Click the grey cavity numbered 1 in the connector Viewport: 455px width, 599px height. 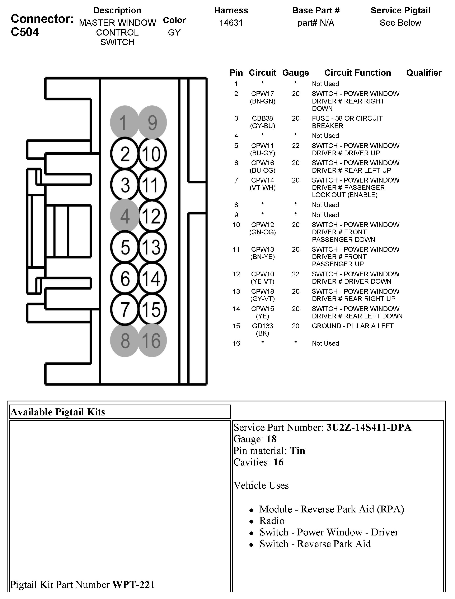(x=124, y=122)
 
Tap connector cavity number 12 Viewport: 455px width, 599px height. (x=152, y=216)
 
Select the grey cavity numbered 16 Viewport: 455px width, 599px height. (x=152, y=340)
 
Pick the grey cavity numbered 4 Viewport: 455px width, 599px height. (x=125, y=216)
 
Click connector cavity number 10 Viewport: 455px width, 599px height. (x=152, y=154)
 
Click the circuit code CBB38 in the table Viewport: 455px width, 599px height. (x=262, y=119)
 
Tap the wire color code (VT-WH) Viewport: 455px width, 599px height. (x=262, y=188)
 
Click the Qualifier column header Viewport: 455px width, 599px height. (x=424, y=73)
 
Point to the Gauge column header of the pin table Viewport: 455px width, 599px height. (x=295, y=73)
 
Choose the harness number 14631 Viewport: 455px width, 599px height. (x=231, y=23)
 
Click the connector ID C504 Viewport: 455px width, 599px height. (x=25, y=32)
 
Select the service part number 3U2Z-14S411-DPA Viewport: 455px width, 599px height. (x=369, y=427)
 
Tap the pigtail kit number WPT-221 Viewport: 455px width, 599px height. (x=133, y=585)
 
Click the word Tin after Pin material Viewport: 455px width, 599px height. (x=297, y=451)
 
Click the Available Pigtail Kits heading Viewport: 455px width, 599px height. (x=57, y=412)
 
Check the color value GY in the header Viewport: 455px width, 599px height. (x=174, y=33)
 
